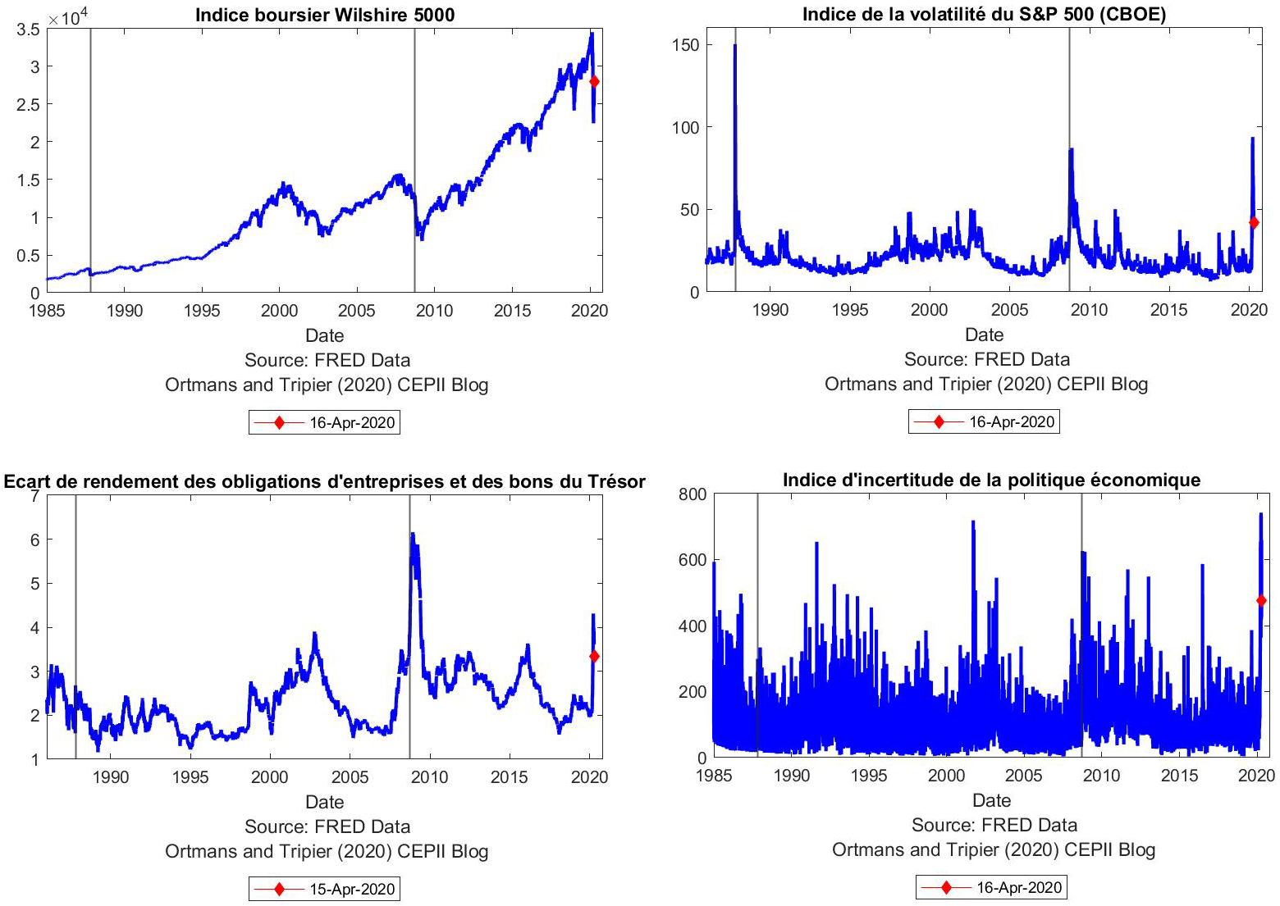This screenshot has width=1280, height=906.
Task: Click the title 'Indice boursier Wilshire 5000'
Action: (x=325, y=15)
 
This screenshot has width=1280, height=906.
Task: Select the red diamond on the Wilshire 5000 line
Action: (x=594, y=82)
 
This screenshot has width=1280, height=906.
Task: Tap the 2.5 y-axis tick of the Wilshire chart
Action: (x=30, y=104)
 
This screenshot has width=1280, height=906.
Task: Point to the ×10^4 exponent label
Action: (x=68, y=16)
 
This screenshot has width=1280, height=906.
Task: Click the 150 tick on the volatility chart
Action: (x=685, y=45)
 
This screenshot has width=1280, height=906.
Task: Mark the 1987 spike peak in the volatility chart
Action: (x=735, y=46)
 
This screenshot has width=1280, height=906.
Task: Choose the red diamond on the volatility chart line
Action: (x=1254, y=222)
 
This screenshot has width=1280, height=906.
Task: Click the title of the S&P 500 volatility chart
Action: (x=984, y=14)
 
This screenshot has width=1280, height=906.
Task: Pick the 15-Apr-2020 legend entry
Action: (x=325, y=889)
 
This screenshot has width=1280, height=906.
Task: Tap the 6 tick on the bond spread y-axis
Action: (x=34, y=540)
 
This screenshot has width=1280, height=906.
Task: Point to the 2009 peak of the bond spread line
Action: (x=413, y=535)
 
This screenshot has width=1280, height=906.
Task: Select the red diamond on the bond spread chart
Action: (x=594, y=656)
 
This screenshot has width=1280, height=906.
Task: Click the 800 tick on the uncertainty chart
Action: (x=692, y=494)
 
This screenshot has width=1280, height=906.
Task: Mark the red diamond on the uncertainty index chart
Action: (x=1261, y=600)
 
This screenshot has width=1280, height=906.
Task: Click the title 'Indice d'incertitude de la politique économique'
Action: (x=991, y=480)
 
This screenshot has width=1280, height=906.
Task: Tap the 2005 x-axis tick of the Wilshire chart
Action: (x=357, y=311)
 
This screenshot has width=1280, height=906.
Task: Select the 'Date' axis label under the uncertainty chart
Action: (x=991, y=800)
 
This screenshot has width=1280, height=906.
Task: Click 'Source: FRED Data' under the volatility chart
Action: (x=986, y=359)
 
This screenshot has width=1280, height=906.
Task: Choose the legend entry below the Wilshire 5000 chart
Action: (x=325, y=423)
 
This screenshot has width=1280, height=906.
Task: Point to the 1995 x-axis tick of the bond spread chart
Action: (x=190, y=777)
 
